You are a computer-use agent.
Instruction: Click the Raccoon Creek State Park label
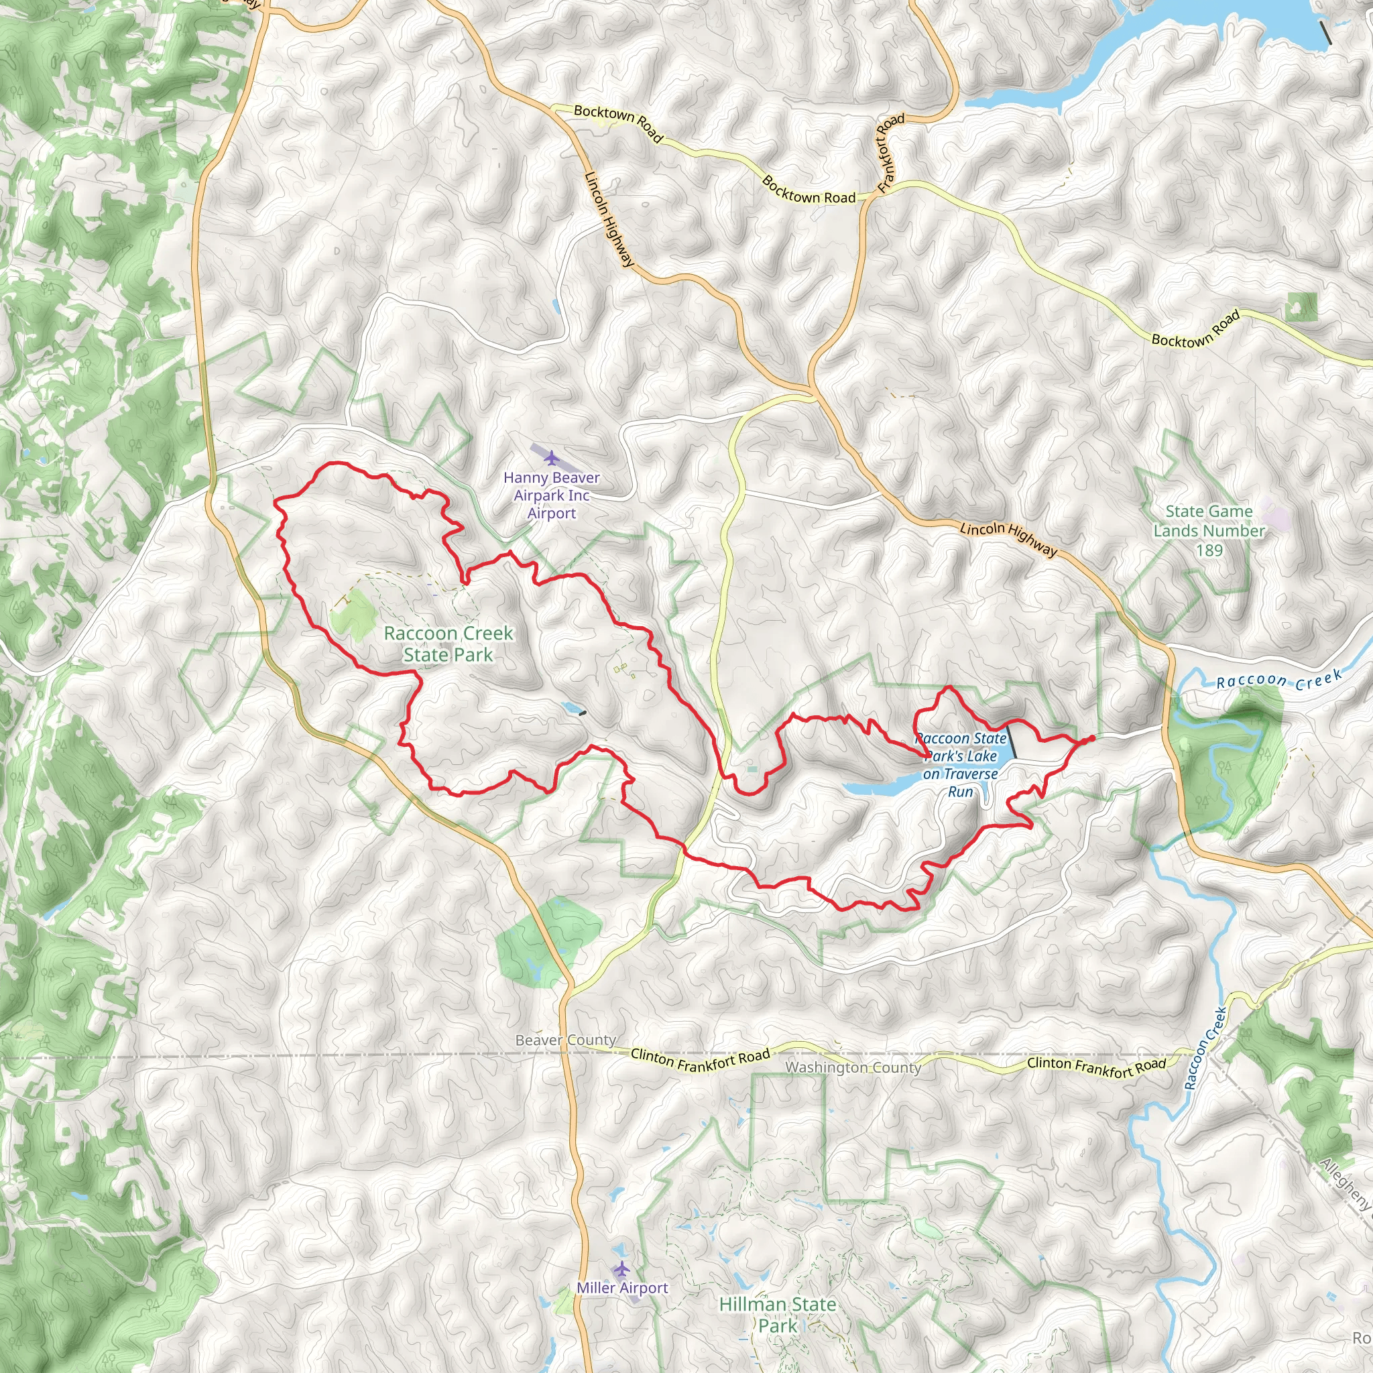click(x=448, y=644)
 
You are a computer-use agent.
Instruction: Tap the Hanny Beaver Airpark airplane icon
click(x=551, y=457)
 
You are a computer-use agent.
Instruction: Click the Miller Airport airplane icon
click(x=622, y=1268)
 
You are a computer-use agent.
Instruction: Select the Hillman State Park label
click(x=778, y=1315)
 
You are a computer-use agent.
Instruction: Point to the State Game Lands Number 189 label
click(x=1209, y=531)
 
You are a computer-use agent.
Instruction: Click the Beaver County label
click(x=566, y=1040)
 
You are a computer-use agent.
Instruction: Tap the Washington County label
click(x=853, y=1067)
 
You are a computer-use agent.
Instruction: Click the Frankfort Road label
click(x=890, y=153)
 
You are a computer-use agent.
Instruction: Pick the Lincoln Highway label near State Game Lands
click(x=1008, y=540)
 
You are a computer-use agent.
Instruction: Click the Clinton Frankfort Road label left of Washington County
click(x=700, y=1061)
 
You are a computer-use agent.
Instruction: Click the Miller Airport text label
click(x=622, y=1288)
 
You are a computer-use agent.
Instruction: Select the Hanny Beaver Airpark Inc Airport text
click(x=552, y=495)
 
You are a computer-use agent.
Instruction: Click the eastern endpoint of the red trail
click(x=1091, y=739)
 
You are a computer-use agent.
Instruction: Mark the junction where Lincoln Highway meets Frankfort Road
click(x=813, y=390)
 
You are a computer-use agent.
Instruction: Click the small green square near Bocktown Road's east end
click(x=1301, y=307)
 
